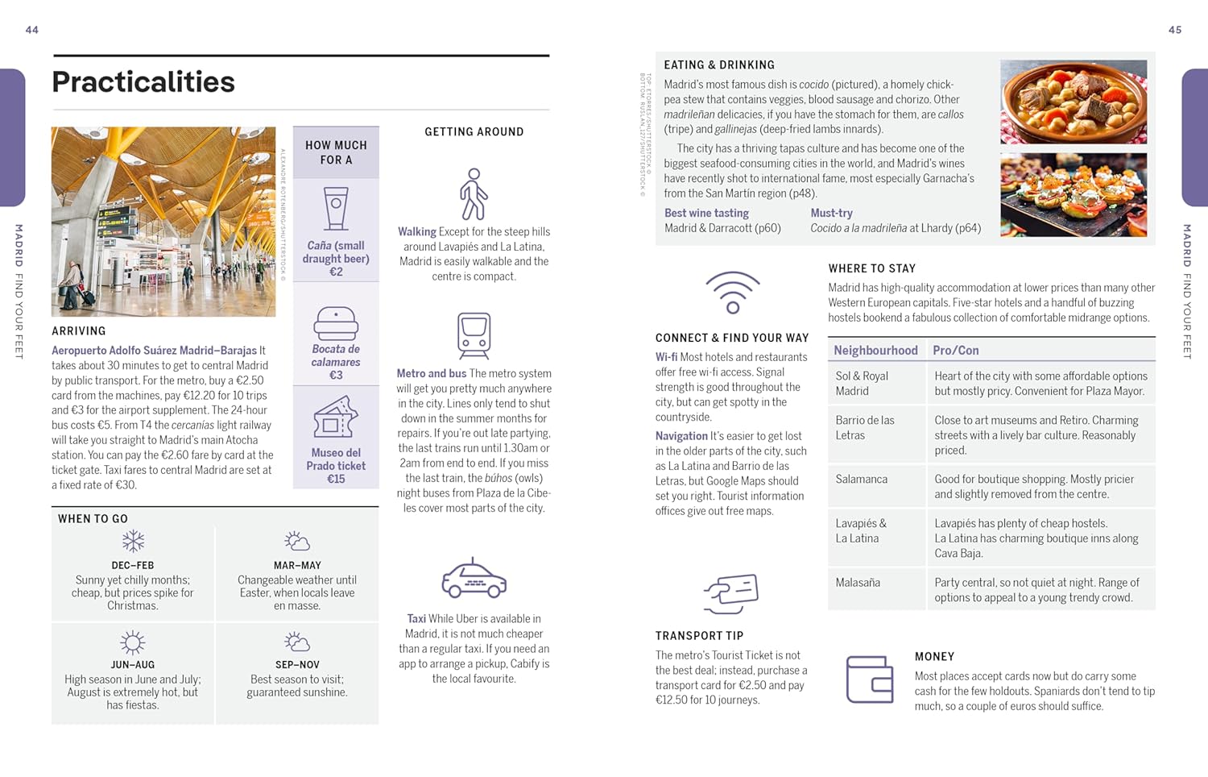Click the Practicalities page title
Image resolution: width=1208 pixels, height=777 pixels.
click(x=143, y=82)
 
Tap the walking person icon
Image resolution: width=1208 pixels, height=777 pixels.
click(x=474, y=194)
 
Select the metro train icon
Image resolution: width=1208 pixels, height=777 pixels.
click(x=474, y=335)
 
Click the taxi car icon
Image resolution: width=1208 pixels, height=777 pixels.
click(x=474, y=579)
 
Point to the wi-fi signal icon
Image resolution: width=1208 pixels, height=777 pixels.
click(x=732, y=293)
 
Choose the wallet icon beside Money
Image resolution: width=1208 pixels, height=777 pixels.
click(x=870, y=679)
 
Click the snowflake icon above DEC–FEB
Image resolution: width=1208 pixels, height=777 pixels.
click(x=133, y=541)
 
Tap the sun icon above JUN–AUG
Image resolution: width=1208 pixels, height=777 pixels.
click(x=133, y=642)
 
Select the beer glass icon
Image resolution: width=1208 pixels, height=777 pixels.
click(x=336, y=209)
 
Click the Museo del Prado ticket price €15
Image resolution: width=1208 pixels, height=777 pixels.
click(x=336, y=479)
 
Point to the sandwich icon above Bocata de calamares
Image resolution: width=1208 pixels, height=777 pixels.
click(x=336, y=323)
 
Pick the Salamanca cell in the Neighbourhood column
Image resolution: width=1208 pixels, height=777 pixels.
click(x=862, y=479)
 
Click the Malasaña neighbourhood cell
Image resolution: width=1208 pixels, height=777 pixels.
click(x=858, y=582)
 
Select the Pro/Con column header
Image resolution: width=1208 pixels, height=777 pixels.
click(x=956, y=350)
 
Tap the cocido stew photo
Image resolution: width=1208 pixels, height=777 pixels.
click(x=1074, y=102)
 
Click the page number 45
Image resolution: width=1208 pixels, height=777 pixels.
click(x=1175, y=30)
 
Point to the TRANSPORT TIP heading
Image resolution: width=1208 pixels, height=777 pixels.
click(x=699, y=635)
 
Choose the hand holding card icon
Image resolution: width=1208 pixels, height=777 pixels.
click(x=731, y=594)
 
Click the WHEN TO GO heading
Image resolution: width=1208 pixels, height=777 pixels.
click(x=93, y=518)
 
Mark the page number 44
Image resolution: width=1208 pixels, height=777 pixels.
click(x=32, y=30)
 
